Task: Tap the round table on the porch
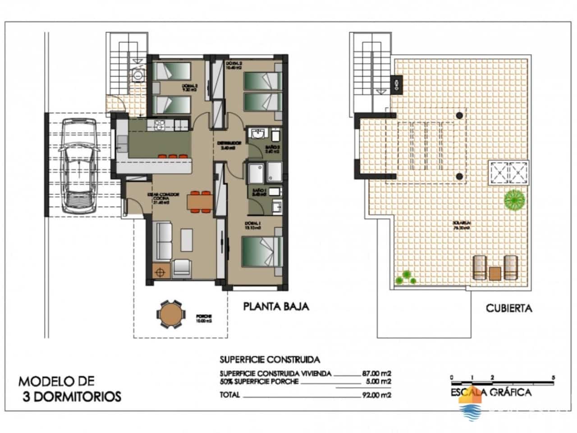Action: coord(171,314)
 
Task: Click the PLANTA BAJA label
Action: coord(276,307)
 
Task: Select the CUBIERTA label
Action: coord(508,309)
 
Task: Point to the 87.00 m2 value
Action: coord(376,373)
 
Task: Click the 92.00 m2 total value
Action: coord(376,395)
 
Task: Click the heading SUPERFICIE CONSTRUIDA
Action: coord(270,359)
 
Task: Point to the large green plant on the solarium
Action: coord(514,199)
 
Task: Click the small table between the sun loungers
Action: coord(495,273)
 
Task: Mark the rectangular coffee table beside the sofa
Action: coord(187,240)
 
